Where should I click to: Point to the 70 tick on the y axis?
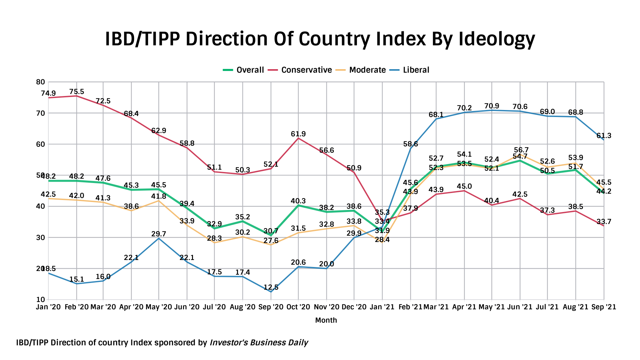40,113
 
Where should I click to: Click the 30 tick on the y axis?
40,238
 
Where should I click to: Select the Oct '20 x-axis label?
298,307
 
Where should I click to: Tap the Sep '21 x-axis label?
604,307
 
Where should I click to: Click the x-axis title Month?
326,320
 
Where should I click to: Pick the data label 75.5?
77,92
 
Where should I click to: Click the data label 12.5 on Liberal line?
271,287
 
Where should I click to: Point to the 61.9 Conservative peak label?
298,134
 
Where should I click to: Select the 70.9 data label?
492,106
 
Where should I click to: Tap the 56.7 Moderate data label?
521,150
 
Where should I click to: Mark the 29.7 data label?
159,234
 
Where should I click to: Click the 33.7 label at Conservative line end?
604,222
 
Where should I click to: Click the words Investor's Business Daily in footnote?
259,343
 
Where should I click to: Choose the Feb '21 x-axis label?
410,307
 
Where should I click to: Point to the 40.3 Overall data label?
298,201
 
